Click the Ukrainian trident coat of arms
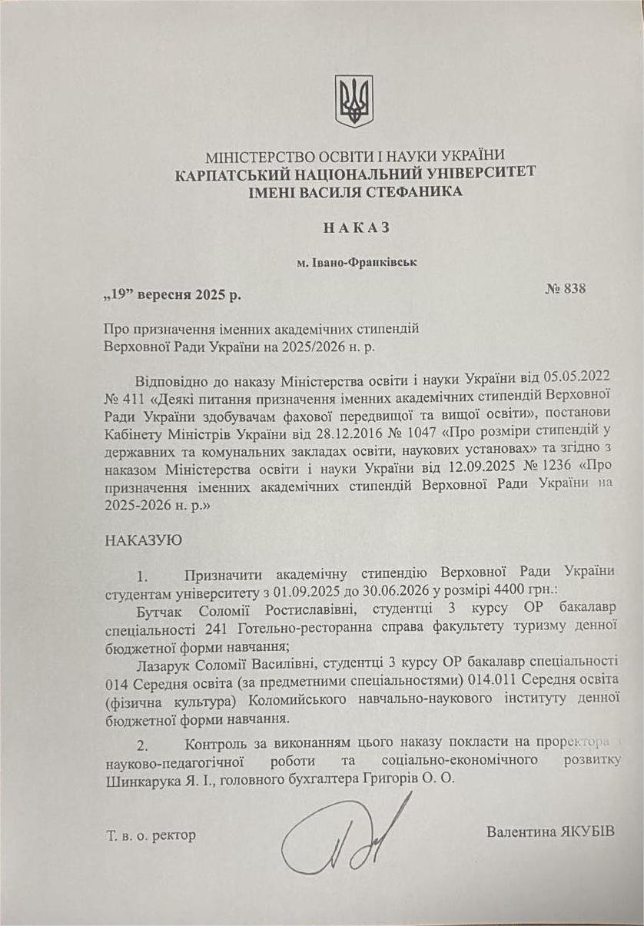(354, 101)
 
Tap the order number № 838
(565, 289)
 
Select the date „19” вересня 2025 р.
(177, 295)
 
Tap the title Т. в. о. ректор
(152, 835)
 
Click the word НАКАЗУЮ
(144, 539)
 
